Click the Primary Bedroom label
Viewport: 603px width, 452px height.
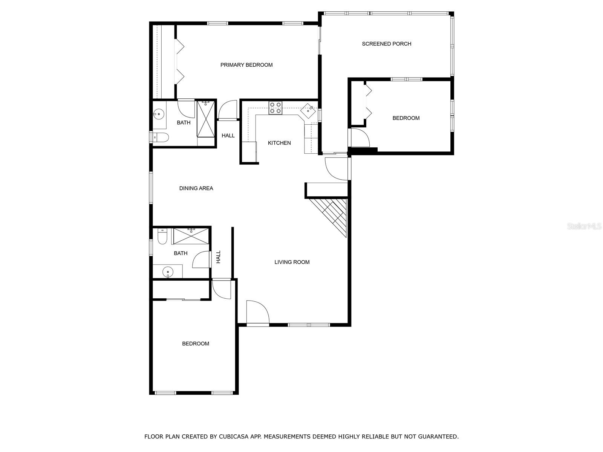246,65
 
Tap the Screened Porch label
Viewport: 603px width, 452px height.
386,44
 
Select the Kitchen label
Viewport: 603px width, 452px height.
279,143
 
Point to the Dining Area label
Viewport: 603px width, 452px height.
196,188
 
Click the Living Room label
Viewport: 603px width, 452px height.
292,262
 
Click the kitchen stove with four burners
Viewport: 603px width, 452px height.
275,108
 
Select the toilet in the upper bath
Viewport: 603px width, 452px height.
161,137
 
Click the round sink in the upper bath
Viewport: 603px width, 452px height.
159,113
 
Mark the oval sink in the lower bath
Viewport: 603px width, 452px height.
167,271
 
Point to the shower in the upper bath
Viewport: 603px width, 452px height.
206,118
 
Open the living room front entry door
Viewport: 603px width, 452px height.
257,312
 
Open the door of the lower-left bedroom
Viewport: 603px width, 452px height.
221,289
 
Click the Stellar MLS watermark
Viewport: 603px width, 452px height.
585,226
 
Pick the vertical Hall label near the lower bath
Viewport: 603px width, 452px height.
218,257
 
